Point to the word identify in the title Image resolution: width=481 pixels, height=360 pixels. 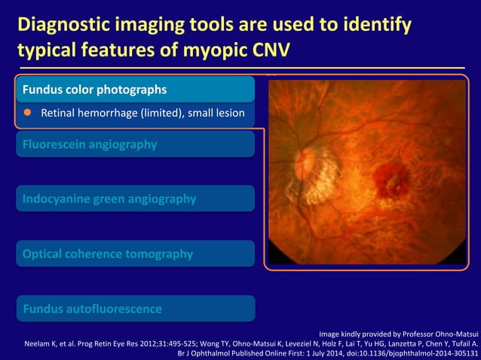coord(377,26)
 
